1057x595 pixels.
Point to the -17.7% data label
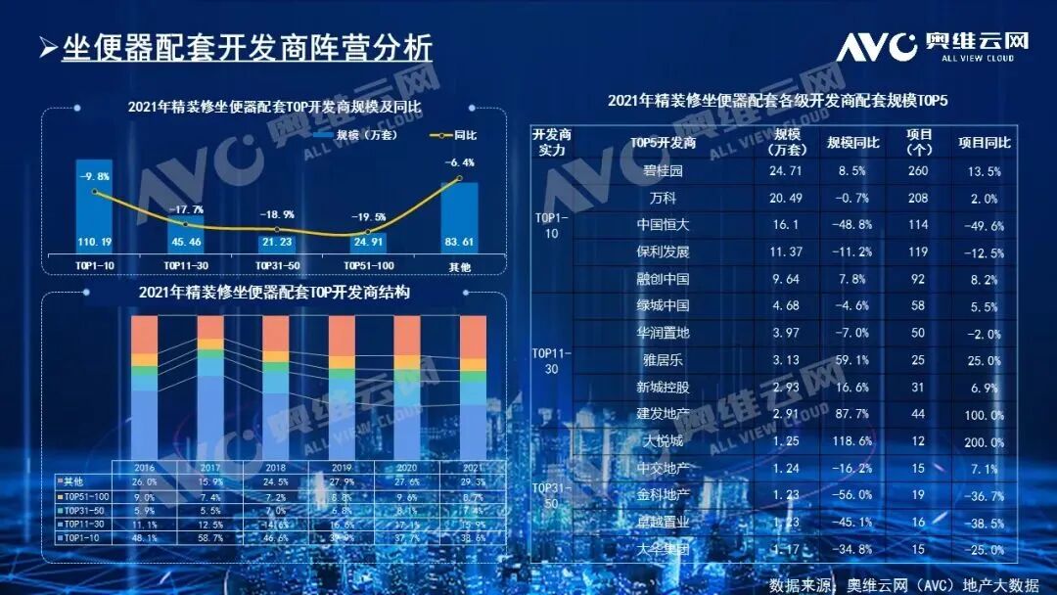186,208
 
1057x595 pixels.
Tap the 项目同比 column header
984,143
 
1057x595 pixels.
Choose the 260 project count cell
918,170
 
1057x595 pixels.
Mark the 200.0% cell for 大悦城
983,441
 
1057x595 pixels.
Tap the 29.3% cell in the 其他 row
472,481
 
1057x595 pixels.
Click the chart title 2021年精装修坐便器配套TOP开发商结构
274,293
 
